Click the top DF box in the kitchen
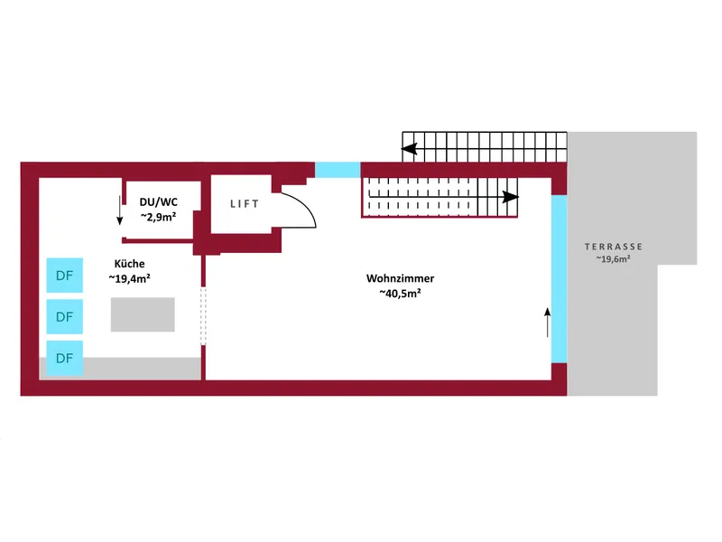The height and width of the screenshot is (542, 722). point(65,276)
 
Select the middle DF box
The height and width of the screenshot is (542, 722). point(65,317)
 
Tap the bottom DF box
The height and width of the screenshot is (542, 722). point(65,358)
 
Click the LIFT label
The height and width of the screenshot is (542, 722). point(245,204)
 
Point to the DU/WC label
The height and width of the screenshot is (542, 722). point(158,202)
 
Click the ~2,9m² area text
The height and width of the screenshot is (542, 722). point(158,218)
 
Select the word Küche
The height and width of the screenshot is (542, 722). point(129,263)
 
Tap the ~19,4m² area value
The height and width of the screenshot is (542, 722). point(129,278)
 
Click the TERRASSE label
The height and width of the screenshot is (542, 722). point(613,246)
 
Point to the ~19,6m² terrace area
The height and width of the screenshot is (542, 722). point(613,260)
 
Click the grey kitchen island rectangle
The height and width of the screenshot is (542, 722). point(143,314)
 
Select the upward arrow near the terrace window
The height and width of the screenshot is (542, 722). point(547,321)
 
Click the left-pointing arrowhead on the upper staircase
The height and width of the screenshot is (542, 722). point(409,150)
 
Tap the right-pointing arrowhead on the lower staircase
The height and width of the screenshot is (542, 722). point(511,196)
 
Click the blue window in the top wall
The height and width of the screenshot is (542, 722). point(337,169)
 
